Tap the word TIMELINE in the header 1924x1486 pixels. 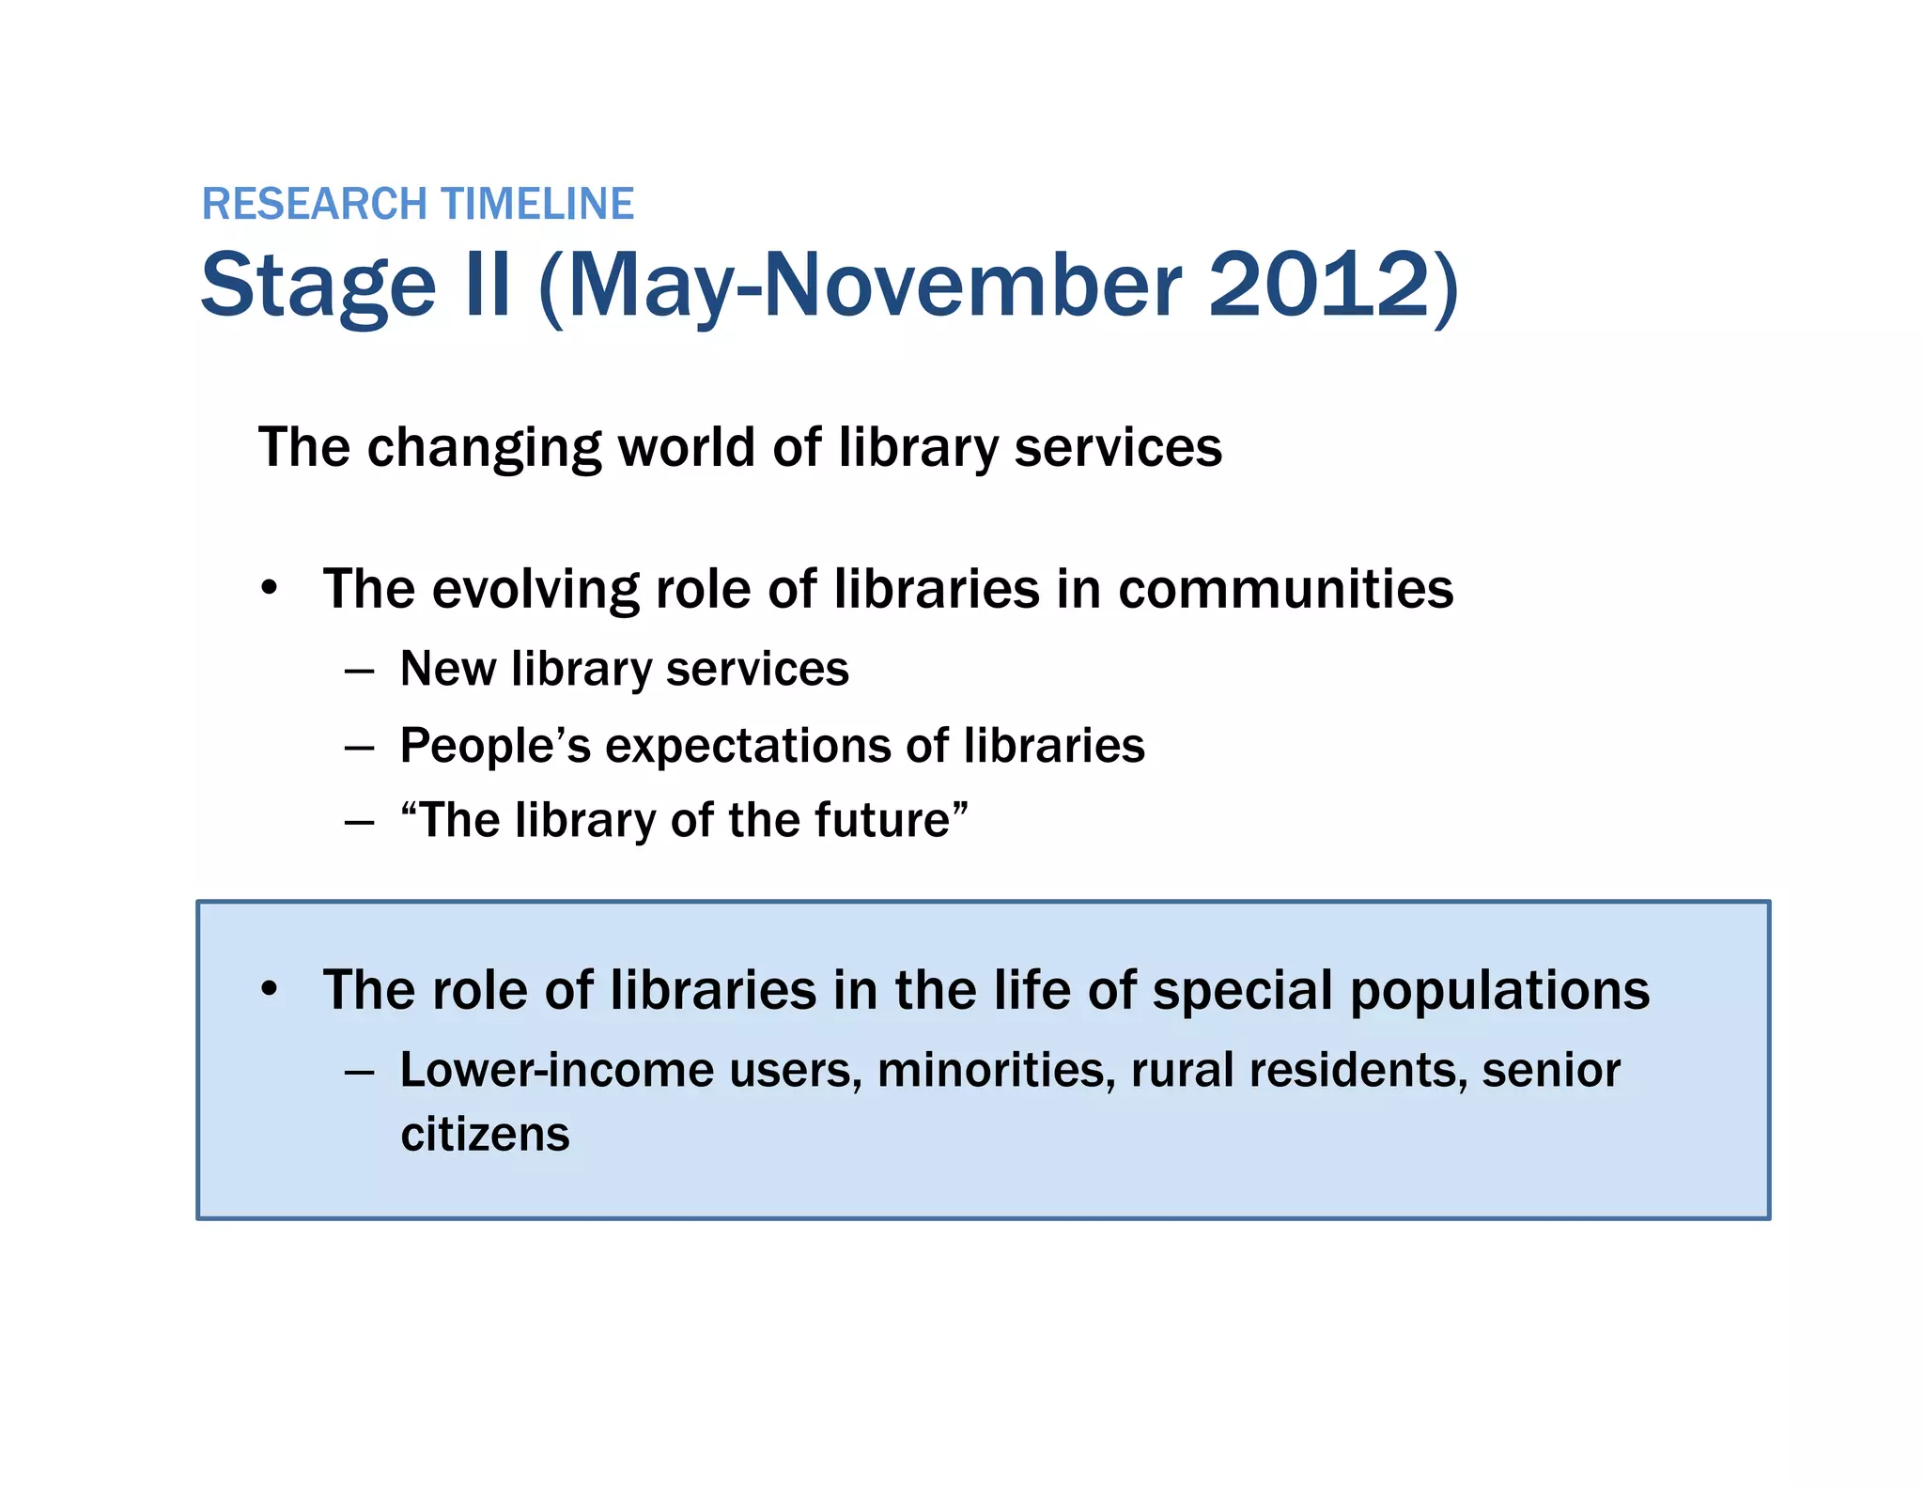(537, 204)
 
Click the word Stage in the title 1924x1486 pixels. (318, 286)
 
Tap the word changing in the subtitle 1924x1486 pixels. (483, 448)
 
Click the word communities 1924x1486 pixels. (1285, 590)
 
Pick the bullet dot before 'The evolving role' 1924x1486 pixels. (270, 589)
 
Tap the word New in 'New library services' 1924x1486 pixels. (447, 670)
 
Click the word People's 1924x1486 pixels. (495, 747)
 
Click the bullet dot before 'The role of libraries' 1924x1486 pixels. (270, 989)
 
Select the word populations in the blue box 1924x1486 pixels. (1499, 991)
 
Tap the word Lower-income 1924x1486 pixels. (557, 1071)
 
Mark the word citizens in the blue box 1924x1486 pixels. (485, 1135)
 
